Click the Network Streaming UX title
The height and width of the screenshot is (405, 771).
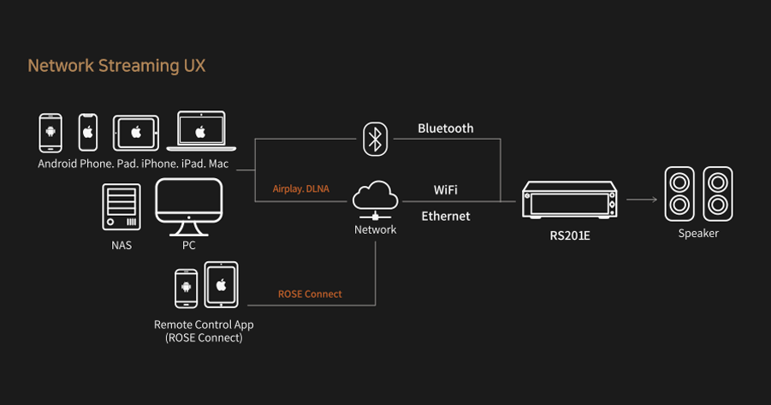pos(116,66)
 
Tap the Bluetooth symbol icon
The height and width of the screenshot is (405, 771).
pos(375,140)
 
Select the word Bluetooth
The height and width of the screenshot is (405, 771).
pos(446,128)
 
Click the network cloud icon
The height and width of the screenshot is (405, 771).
pos(375,200)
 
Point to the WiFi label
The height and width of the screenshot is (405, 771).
pos(446,190)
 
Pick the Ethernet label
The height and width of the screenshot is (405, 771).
pos(446,216)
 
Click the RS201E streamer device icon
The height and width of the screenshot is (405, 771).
pos(569,200)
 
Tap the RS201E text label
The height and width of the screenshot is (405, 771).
pos(569,235)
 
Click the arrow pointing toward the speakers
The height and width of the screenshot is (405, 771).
pos(642,200)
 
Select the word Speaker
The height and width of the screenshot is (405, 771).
pos(698,233)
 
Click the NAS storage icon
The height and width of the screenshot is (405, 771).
pos(122,206)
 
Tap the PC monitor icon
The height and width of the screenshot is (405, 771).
pos(189,206)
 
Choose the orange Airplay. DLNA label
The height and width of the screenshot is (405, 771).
pos(301,189)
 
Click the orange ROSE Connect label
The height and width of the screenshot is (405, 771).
pos(310,295)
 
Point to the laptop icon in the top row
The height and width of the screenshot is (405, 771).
pos(201,130)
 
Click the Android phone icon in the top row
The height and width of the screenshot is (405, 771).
pos(50,133)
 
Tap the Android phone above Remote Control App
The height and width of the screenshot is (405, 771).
pos(187,289)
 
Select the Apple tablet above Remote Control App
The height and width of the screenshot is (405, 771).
pos(222,284)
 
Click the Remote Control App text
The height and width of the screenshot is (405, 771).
pos(204,325)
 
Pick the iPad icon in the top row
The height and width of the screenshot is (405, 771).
pos(136,133)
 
